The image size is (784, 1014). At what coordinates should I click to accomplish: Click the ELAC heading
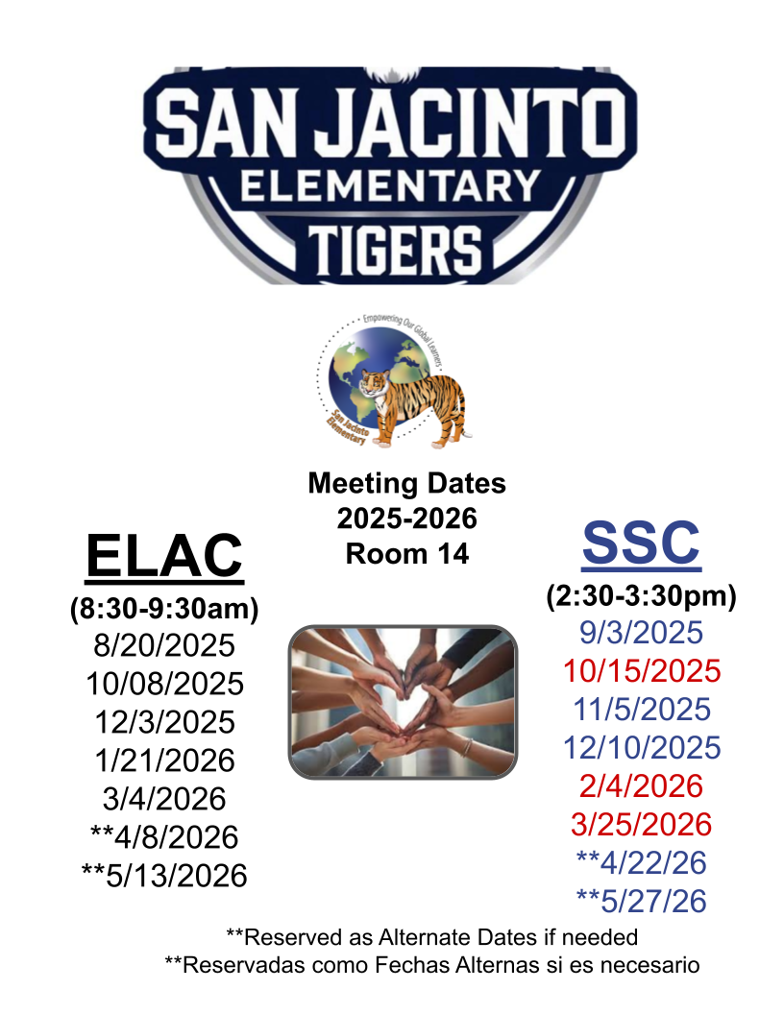(164, 556)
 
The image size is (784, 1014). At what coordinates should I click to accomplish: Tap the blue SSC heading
(641, 543)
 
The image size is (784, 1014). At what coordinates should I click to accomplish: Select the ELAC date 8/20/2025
(164, 645)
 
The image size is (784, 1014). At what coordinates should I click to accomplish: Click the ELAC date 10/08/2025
(164, 684)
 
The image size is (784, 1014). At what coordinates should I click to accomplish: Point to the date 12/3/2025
(164, 722)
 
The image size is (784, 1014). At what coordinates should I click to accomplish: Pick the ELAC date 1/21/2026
(164, 760)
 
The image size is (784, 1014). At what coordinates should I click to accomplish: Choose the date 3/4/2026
(164, 799)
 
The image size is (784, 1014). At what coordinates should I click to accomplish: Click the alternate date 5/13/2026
(164, 876)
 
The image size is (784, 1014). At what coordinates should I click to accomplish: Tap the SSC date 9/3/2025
(641, 633)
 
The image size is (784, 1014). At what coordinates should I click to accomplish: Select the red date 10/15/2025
(642, 670)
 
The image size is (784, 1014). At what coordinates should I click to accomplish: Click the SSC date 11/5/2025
(642, 710)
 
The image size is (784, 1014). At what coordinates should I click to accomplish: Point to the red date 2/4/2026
(641, 785)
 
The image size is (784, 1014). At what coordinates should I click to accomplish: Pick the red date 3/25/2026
(641, 825)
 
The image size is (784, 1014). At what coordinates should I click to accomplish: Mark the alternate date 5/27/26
(641, 902)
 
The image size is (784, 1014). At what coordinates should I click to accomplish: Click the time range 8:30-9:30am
(164, 609)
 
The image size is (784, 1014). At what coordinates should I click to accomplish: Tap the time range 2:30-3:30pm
(641, 595)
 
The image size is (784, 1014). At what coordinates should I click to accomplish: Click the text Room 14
(406, 553)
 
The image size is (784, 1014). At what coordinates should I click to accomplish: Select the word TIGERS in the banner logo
(395, 251)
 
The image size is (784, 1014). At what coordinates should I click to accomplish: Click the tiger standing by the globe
(412, 406)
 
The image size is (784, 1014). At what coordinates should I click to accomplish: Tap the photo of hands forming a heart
(403, 702)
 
